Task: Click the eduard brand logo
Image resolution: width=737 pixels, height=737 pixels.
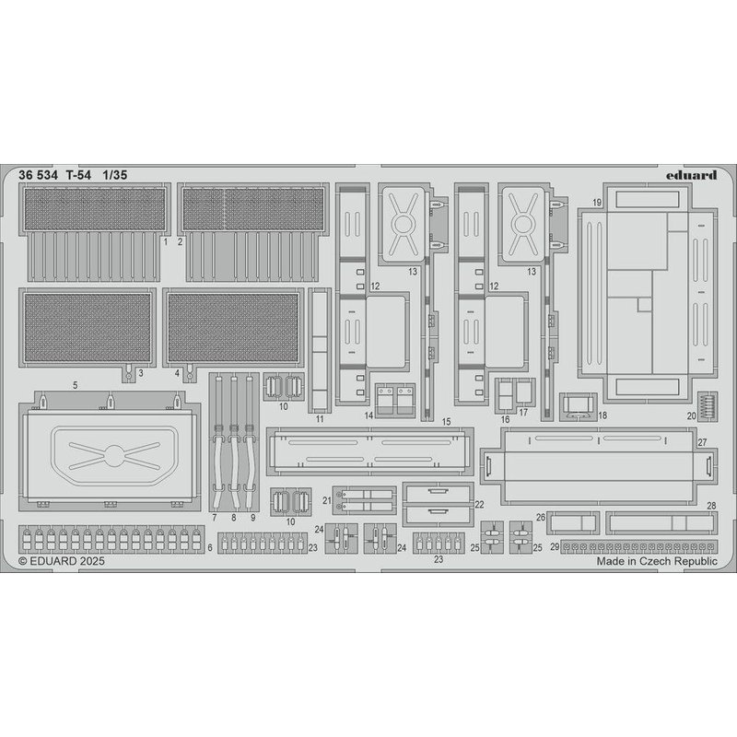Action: coord(691,175)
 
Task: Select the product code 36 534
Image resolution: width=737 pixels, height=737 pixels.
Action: coord(38,175)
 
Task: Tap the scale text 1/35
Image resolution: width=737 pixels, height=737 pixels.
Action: coord(114,175)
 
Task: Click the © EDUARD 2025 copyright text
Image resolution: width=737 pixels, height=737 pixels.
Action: coord(62,561)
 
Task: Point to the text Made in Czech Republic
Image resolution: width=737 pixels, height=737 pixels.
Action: coord(657,561)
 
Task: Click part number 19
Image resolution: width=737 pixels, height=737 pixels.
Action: coord(597,203)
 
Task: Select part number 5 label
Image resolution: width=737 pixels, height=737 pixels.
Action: coord(76,385)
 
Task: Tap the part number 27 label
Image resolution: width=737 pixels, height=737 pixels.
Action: coord(702,442)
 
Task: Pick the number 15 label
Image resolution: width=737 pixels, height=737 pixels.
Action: coord(446,422)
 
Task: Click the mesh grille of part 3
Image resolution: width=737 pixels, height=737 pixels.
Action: coord(88,327)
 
